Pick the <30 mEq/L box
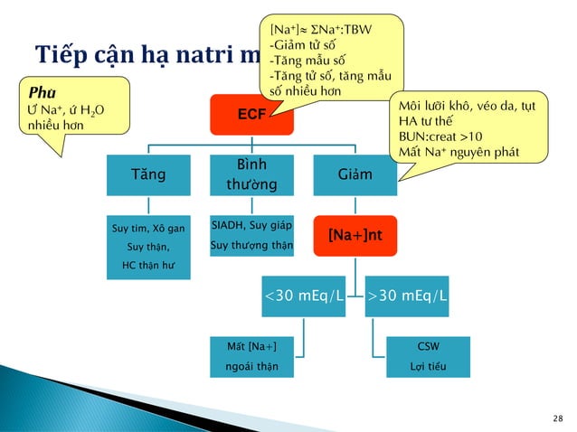(x=303, y=296)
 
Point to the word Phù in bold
(x=41, y=92)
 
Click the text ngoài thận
(x=251, y=366)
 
